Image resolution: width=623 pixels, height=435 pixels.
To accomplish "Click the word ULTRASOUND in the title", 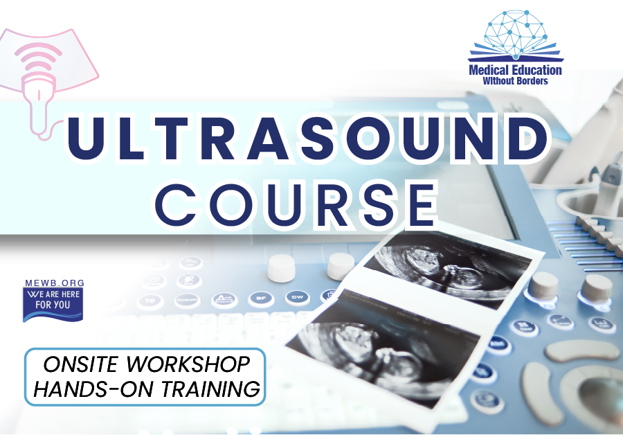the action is coord(308,138).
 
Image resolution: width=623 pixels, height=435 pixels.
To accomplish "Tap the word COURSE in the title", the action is coord(296,204).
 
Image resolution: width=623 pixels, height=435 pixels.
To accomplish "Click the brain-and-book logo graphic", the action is coord(516,36).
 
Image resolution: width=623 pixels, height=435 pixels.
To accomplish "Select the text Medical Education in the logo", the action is coord(515,71).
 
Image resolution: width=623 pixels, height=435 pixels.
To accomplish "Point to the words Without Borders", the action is coord(515,81).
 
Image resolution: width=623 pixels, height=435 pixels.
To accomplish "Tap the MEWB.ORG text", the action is coord(55,283).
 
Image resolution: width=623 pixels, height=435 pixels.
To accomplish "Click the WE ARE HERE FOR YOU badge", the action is coord(53,304).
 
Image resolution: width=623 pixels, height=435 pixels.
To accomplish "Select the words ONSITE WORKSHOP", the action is coord(146,364).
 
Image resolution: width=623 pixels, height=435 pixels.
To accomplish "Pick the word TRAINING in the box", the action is coord(210,389).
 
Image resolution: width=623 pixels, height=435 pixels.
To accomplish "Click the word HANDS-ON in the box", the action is coord(93,389).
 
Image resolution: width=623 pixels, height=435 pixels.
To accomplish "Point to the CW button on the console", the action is coord(297,297).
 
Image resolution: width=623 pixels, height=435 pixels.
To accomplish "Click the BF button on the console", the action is coord(261,299).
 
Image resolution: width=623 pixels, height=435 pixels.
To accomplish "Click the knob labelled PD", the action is coord(544,287).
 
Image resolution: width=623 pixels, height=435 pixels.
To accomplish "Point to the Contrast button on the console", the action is coord(187,300).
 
